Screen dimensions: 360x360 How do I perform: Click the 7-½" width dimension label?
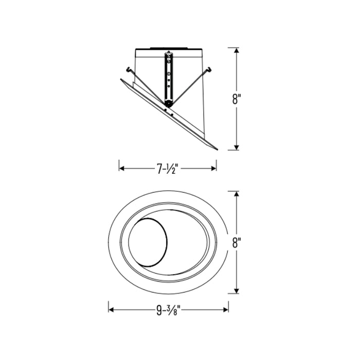(x=168, y=169)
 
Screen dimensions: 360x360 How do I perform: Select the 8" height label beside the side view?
(x=237, y=99)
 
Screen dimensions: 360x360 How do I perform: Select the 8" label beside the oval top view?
(x=237, y=242)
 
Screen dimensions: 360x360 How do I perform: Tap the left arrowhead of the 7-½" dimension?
(x=122, y=169)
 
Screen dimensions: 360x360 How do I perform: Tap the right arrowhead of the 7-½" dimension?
(x=213, y=169)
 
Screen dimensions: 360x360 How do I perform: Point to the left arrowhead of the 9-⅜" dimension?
(x=111, y=310)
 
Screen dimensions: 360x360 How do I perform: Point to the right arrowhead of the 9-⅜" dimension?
(x=226, y=310)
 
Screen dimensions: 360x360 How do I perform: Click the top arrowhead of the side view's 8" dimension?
(x=237, y=50)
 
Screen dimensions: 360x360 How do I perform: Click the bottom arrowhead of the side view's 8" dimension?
(x=237, y=148)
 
